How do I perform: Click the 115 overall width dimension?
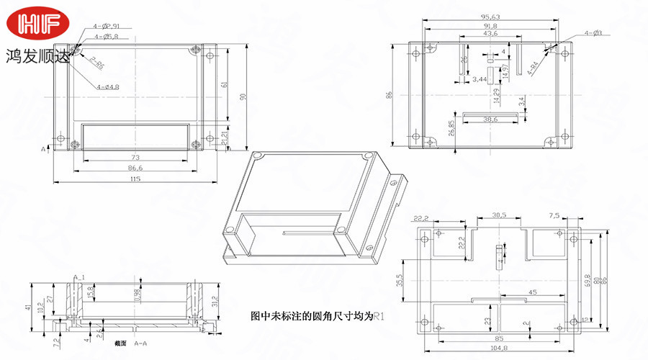pos(135,179)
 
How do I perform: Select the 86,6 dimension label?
pos(135,167)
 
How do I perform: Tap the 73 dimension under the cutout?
pos(135,156)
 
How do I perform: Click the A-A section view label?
pos(141,344)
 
